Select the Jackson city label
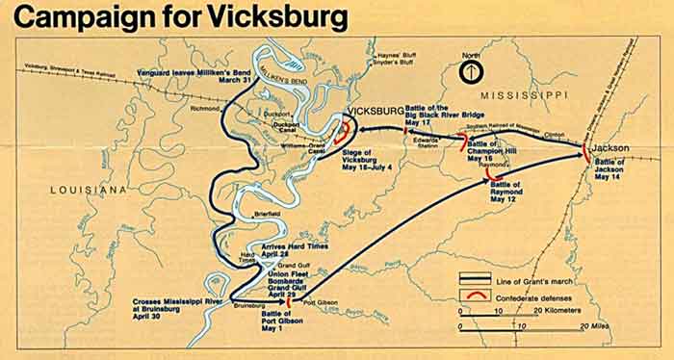[x=611, y=148]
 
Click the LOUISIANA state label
[x=87, y=192]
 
